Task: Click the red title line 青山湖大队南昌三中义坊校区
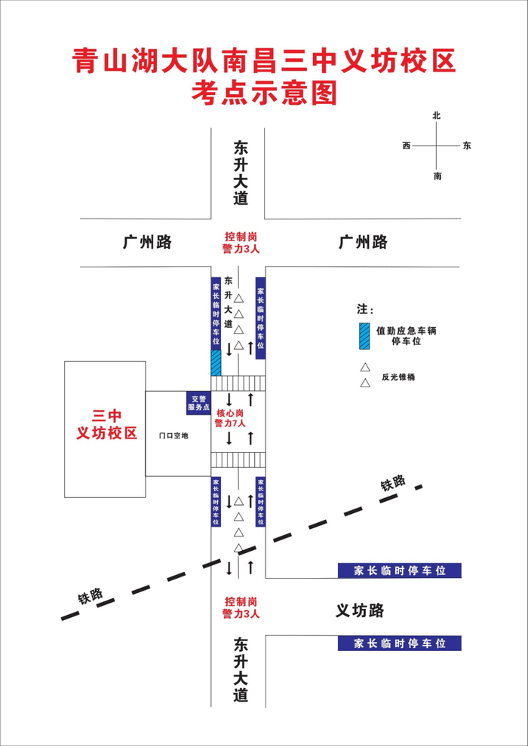click(264, 61)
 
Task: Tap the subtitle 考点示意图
click(264, 93)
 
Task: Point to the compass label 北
click(436, 116)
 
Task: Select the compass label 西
click(407, 145)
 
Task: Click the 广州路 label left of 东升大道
click(147, 242)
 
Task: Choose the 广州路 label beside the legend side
click(363, 242)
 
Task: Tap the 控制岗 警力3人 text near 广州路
click(241, 242)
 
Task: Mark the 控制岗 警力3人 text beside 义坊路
click(241, 608)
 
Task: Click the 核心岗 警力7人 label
click(230, 419)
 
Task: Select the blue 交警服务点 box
click(198, 403)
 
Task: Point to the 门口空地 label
click(173, 436)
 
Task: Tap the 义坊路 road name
click(360, 610)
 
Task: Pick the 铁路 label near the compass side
click(393, 484)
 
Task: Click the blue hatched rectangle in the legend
click(364, 336)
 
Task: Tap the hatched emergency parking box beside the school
click(216, 362)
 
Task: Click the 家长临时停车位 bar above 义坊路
click(399, 570)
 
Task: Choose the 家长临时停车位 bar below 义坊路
click(399, 644)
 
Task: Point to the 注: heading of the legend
click(365, 310)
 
